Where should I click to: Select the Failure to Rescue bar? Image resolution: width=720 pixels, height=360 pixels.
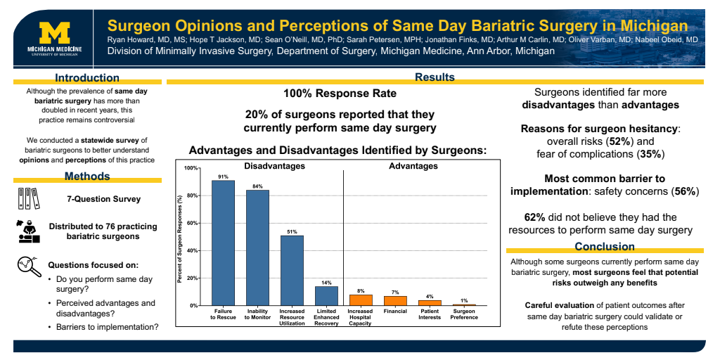223,243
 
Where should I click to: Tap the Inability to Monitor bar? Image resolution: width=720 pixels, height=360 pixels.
257,247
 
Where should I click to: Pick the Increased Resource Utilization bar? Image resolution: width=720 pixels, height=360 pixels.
292,270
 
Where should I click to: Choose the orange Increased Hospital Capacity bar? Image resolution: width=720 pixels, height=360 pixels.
361,300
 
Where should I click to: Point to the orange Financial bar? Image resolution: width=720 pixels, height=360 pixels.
395,300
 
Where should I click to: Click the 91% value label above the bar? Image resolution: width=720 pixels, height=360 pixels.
223,176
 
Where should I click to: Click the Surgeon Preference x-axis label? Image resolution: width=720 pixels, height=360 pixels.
464,314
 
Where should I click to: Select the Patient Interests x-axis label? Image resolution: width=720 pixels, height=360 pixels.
430,314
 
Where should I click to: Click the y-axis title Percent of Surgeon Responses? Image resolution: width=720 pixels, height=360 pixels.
180,239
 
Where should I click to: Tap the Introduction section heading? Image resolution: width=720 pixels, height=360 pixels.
87,78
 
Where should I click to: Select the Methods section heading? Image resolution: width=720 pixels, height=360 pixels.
87,176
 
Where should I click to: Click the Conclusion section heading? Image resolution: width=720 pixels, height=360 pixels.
605,246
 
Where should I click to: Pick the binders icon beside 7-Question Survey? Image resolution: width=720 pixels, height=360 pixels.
29,199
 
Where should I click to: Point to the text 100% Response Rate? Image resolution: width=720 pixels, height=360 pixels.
340,94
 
